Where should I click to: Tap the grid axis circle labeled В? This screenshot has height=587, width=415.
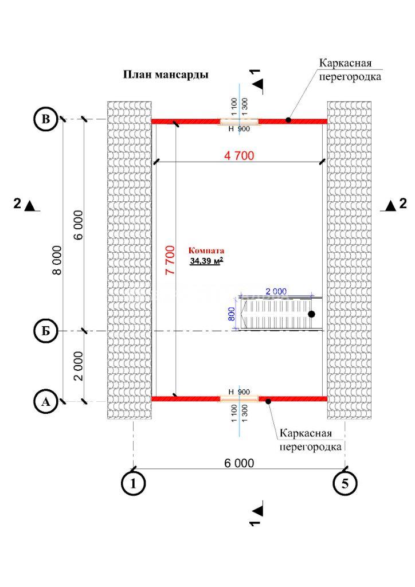tap(45, 119)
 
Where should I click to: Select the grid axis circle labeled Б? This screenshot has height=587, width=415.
tap(45, 331)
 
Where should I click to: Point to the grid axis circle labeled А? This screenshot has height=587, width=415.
tap(45, 402)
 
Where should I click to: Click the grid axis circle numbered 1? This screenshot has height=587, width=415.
tap(133, 483)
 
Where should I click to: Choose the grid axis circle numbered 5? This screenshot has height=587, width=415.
tap(344, 483)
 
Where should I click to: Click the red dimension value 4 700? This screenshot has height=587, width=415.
tap(239, 155)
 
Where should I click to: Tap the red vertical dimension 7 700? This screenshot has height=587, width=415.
tap(170, 260)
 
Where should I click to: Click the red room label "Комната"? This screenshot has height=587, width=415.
tap(206, 251)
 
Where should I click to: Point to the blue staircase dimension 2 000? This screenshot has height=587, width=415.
tap(276, 291)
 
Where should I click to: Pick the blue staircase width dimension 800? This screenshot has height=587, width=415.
tap(232, 314)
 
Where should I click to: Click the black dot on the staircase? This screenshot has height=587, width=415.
tap(311, 314)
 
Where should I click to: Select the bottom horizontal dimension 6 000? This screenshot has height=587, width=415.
tap(239, 463)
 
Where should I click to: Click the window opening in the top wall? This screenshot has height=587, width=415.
tap(239, 122)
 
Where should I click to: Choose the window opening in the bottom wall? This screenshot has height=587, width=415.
tap(239, 399)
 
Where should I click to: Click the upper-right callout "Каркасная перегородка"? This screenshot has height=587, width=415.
tap(350, 69)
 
